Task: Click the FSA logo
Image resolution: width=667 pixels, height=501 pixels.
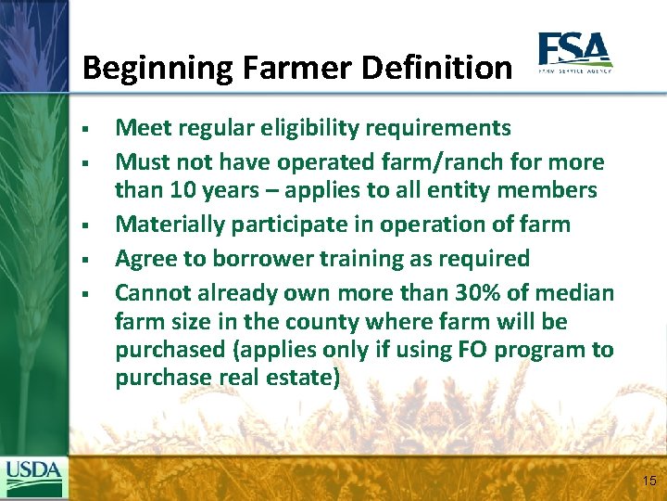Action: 574,53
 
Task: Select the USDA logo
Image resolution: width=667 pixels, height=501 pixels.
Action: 33,476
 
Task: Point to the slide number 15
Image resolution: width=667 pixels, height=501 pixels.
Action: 648,481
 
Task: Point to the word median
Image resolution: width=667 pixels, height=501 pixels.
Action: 574,293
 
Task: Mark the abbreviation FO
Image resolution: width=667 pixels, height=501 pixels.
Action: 470,350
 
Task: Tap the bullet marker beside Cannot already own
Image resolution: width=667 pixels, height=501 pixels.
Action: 83,294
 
